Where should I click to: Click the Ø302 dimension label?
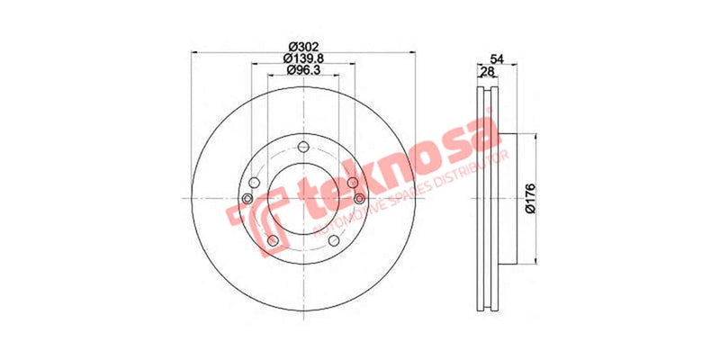tap(302, 47)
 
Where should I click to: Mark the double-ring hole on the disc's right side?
tap(358, 198)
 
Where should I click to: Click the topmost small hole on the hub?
tap(302, 149)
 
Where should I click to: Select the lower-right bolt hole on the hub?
tap(335, 238)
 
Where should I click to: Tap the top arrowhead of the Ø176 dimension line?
tap(537, 137)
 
